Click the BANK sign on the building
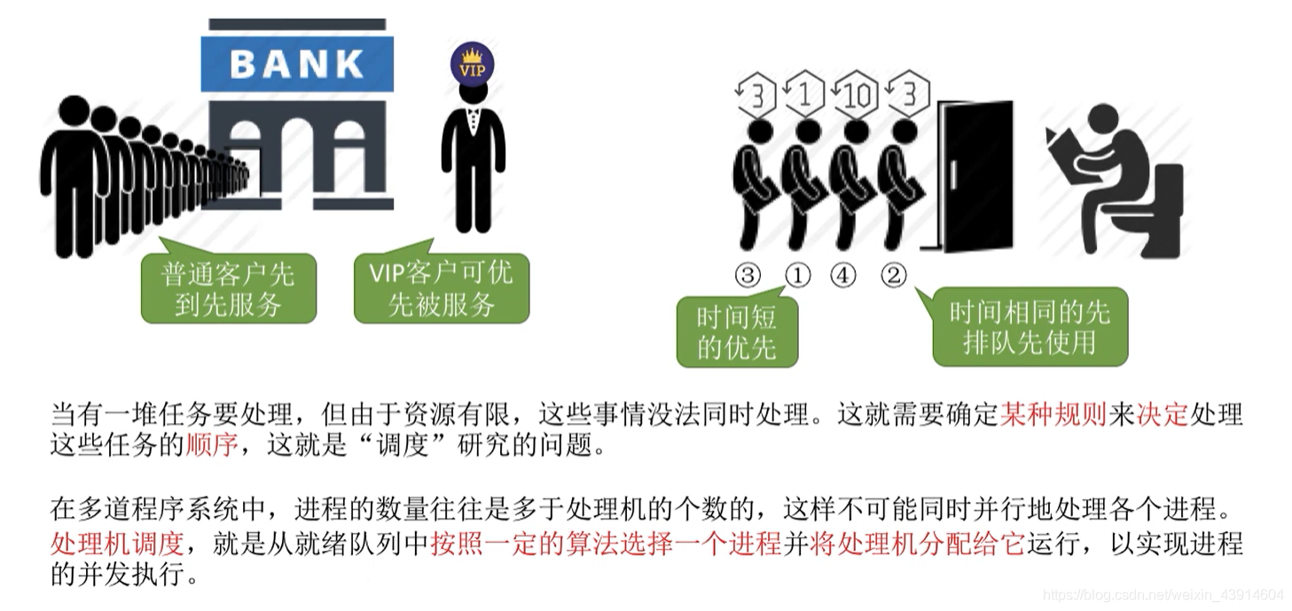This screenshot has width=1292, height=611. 297,63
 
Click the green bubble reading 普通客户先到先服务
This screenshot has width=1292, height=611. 228,289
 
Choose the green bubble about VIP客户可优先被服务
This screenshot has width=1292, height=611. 441,288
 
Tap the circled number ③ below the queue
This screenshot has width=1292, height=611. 748,276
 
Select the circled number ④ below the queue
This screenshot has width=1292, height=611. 843,276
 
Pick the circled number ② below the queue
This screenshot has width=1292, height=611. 893,276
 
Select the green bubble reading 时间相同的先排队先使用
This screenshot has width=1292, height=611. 1030,327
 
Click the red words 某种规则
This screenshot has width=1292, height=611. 1053,415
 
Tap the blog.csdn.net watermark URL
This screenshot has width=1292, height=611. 1163,593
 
